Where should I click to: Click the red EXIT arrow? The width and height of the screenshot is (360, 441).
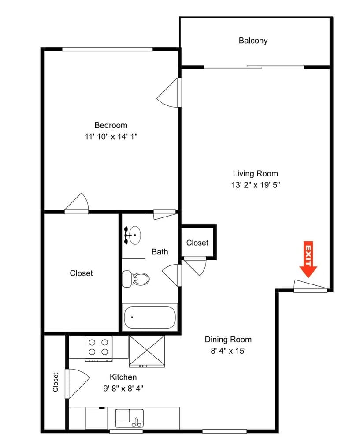coord(308,259)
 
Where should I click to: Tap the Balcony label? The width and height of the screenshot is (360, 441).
coord(253,41)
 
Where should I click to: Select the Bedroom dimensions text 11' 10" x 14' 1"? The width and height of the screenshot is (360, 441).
coord(111,137)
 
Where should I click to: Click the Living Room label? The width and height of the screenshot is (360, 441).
coord(255,173)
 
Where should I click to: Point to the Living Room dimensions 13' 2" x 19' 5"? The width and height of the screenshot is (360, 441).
coord(256,185)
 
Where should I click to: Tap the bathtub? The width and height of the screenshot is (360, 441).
coord(149,317)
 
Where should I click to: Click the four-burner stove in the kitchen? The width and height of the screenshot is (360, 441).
coord(99,347)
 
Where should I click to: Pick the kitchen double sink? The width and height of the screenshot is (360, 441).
coord(130,417)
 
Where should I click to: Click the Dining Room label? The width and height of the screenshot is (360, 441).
coord(228,339)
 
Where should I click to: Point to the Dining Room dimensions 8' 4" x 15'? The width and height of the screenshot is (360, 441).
coord(228,351)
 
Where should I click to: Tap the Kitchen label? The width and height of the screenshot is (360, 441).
coord(123,377)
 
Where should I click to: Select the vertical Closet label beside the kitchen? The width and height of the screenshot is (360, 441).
coord(56,382)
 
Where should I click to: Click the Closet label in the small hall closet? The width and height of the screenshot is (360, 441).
coord(197,243)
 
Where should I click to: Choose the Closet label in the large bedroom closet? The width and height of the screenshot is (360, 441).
coord(82,273)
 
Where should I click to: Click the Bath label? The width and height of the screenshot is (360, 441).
coord(160,252)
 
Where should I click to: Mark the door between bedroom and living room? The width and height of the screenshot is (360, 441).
coord(171,93)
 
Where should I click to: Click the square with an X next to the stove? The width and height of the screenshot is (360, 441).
coord(146,351)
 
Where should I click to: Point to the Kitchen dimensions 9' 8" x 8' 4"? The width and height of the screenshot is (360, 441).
coord(123,389)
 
